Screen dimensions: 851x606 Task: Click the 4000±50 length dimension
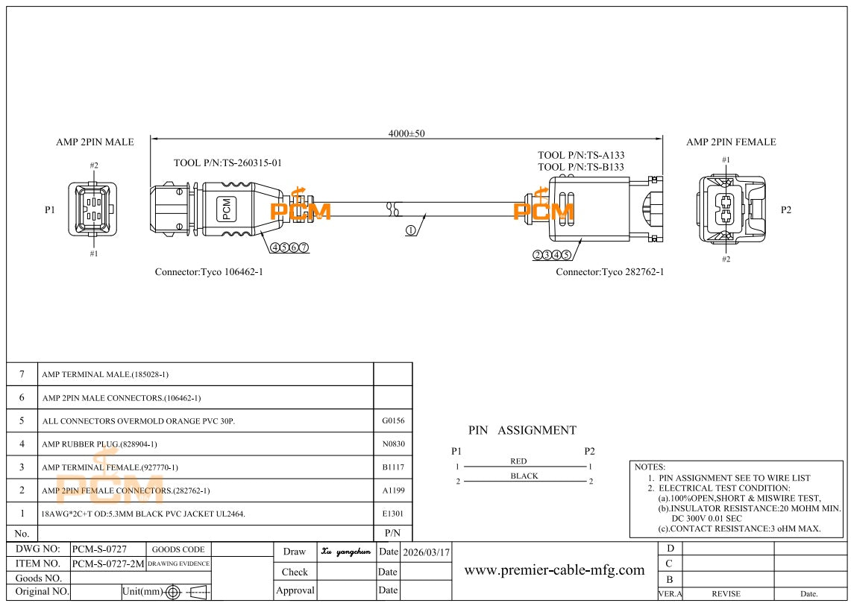(406, 133)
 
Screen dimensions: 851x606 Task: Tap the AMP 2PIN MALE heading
(95, 142)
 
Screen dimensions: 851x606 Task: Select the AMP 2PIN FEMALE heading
(731, 142)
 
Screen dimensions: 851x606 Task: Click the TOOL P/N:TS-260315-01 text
(227, 162)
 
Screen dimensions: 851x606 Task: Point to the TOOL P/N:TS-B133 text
(581, 167)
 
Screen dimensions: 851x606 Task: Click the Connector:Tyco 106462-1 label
(209, 272)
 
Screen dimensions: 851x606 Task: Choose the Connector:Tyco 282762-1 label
(609, 272)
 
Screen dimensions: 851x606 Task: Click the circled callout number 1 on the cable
(411, 230)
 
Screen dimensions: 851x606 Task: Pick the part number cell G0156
(393, 420)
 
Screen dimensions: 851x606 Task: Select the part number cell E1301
(393, 514)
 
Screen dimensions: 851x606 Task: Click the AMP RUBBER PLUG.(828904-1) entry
(99, 444)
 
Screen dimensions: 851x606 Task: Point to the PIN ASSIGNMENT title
(522, 430)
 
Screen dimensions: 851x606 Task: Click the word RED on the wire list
(518, 461)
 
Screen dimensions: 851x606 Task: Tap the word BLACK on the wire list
(524, 476)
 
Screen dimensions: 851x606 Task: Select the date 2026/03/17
(426, 552)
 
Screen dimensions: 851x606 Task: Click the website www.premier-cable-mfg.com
(554, 570)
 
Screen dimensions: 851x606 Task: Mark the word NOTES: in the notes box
(650, 467)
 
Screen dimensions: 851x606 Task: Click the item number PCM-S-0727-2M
(108, 564)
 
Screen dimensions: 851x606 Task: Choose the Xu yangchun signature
(346, 552)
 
